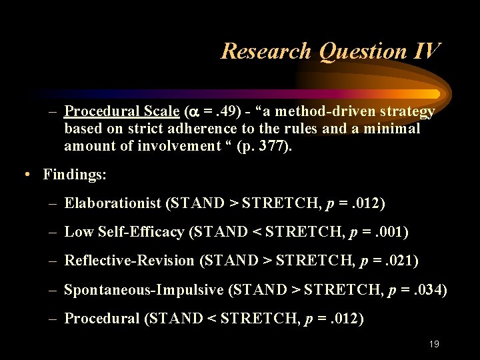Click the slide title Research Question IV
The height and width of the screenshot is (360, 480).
click(330, 51)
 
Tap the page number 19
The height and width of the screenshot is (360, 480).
click(434, 344)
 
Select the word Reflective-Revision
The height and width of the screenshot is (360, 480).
click(129, 261)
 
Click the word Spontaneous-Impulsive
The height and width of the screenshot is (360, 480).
click(143, 289)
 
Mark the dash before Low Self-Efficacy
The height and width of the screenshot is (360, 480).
click(55, 232)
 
